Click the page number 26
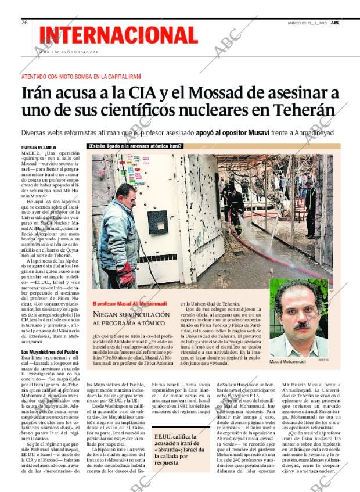25,22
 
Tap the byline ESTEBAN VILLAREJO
39,148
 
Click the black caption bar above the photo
135,146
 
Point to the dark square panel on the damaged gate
157,222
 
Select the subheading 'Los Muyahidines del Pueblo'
50,353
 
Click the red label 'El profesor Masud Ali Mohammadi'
129,304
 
